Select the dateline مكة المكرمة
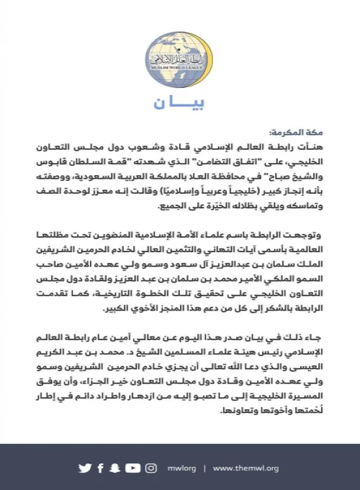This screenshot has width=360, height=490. (287, 133)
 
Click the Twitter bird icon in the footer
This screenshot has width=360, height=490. (85, 468)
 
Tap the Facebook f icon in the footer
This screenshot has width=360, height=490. (101, 468)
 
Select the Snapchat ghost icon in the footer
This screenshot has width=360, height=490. (116, 468)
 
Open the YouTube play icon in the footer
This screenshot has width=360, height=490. (132, 468)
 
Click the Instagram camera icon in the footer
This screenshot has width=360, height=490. (150, 468)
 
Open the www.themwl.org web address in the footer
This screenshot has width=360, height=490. (244, 468)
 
